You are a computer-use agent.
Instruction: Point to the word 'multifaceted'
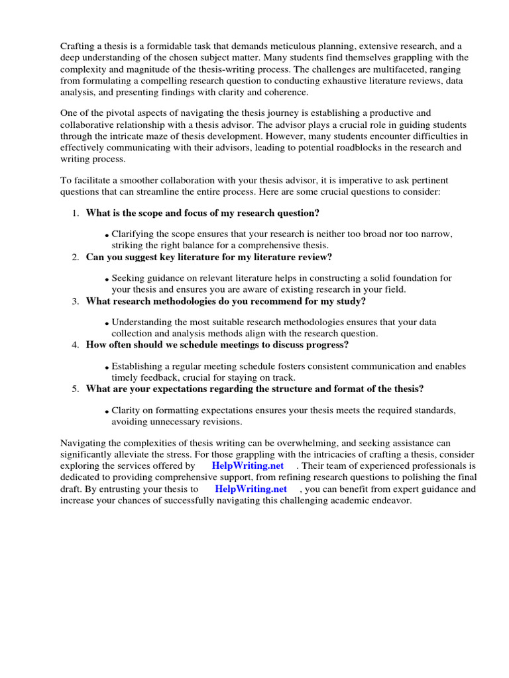pos(420,69)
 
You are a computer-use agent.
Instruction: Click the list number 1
pos(75,213)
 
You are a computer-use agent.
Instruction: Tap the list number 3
pos(75,301)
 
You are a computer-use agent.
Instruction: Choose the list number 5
pos(75,389)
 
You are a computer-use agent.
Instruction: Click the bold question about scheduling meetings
pos(217,345)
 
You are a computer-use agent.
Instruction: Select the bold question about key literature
pos(209,257)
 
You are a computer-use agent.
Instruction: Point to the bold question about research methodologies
pos(225,301)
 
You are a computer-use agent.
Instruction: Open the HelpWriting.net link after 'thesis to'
pos(251,489)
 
